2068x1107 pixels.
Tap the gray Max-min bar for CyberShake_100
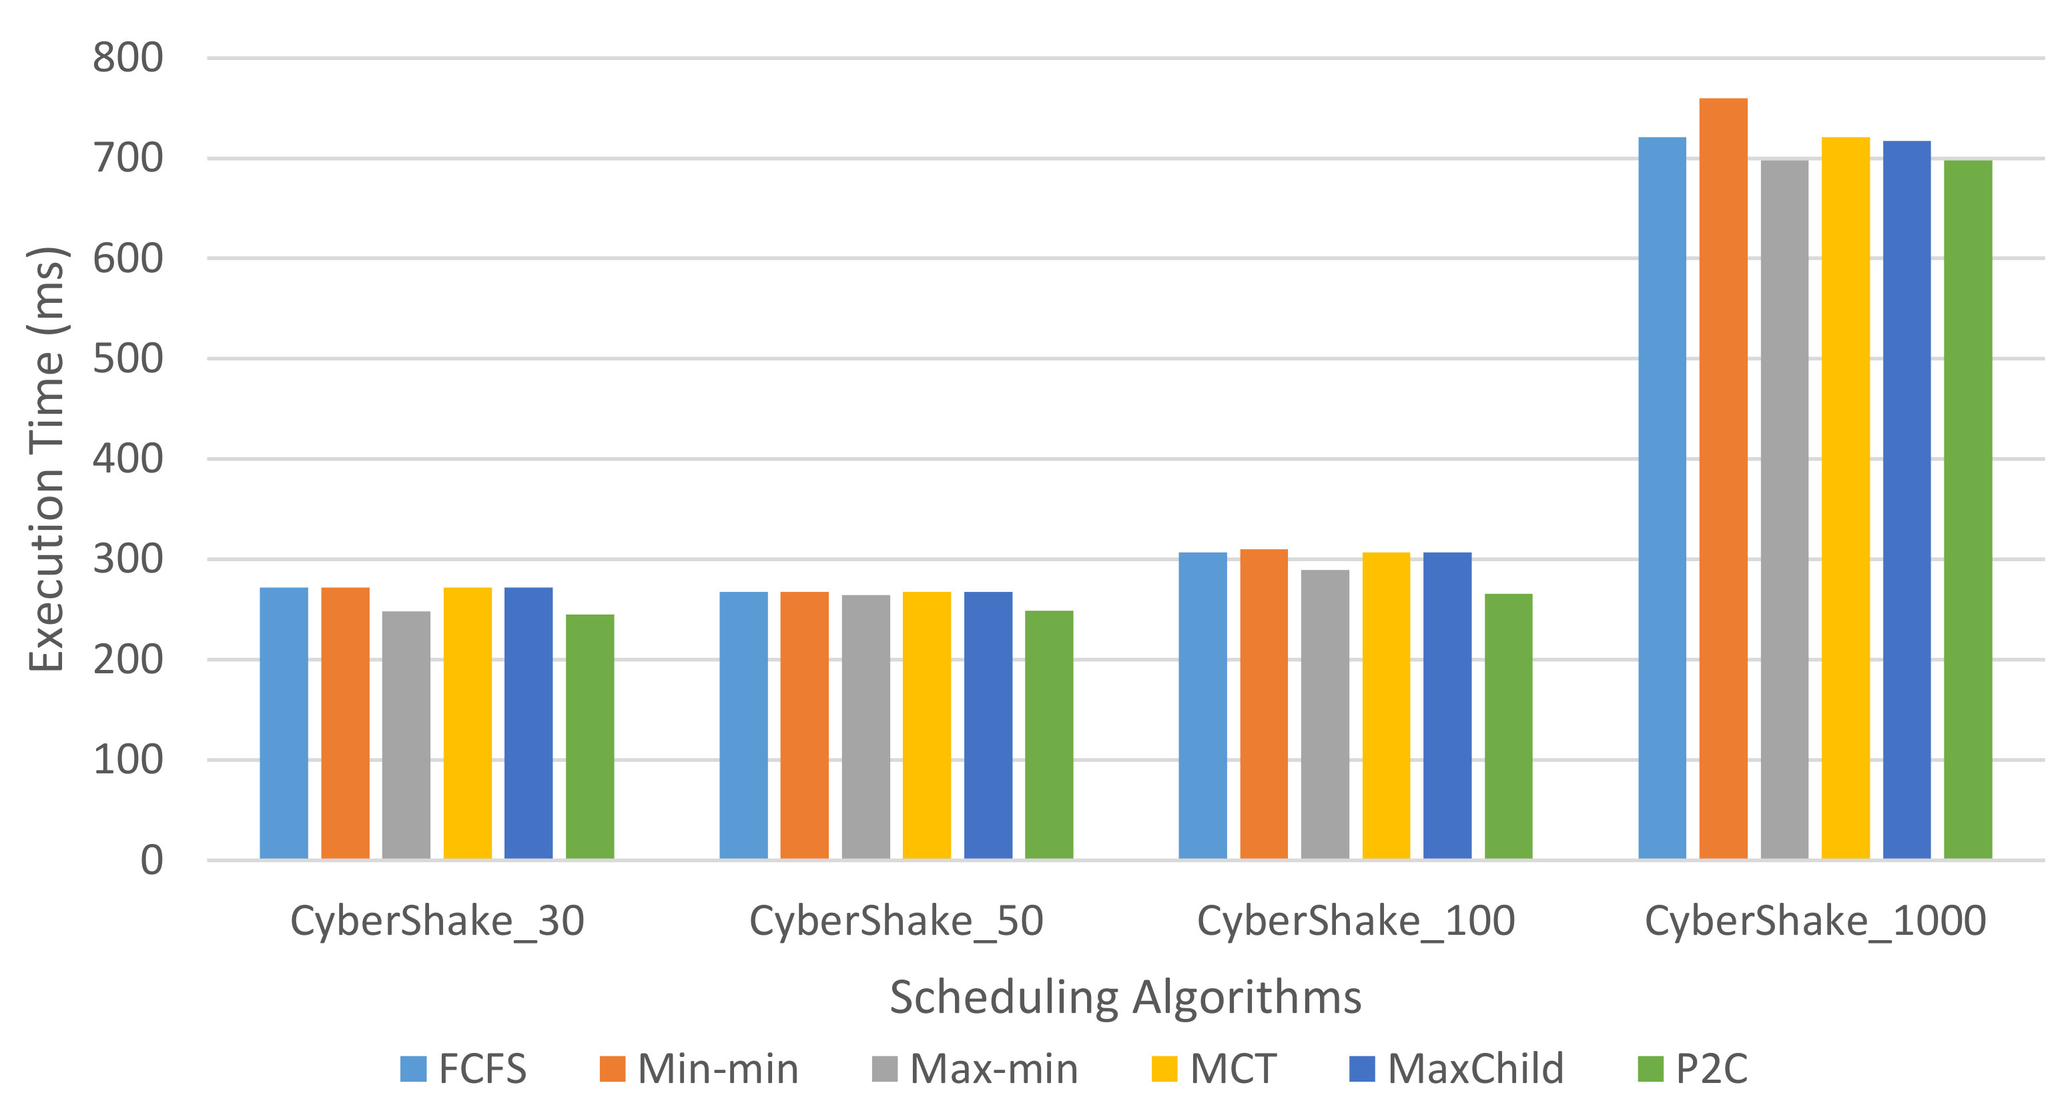point(1325,714)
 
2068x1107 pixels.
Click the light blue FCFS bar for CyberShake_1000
point(1662,498)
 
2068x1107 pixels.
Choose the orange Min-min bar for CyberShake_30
point(345,723)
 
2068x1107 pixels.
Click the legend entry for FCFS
point(463,1068)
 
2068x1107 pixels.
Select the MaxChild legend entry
point(1456,1068)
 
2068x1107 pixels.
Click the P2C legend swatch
point(1650,1068)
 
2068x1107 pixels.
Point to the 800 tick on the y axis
point(127,58)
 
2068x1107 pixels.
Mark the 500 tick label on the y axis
point(127,358)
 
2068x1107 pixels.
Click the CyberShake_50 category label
point(896,920)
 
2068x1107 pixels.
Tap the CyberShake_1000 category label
point(1815,920)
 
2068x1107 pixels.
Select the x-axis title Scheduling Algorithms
point(1126,997)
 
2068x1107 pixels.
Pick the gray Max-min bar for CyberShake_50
point(866,727)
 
